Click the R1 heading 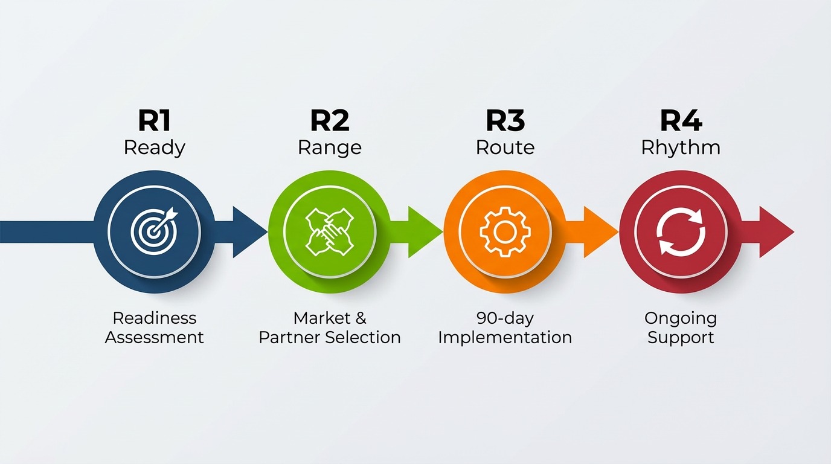pyautogui.click(x=154, y=121)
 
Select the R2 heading pyautogui.click(x=330, y=121)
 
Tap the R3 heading pyautogui.click(x=505, y=121)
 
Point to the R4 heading pyautogui.click(x=681, y=121)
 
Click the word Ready pyautogui.click(x=154, y=148)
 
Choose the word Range pyautogui.click(x=330, y=148)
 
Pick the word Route pyautogui.click(x=505, y=147)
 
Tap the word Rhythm pyautogui.click(x=681, y=148)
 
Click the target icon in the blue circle pyautogui.click(x=155, y=231)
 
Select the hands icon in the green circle pyautogui.click(x=330, y=231)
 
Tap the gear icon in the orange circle pyautogui.click(x=505, y=231)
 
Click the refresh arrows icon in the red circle pyautogui.click(x=681, y=231)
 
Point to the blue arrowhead pyautogui.click(x=249, y=232)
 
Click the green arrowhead pyautogui.click(x=425, y=232)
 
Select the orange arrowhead pyautogui.click(x=600, y=232)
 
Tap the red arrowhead pyautogui.click(x=775, y=232)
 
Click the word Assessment pyautogui.click(x=154, y=337)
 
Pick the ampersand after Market pyautogui.click(x=361, y=318)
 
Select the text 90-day pyautogui.click(x=505, y=318)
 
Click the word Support pyautogui.click(x=681, y=338)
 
